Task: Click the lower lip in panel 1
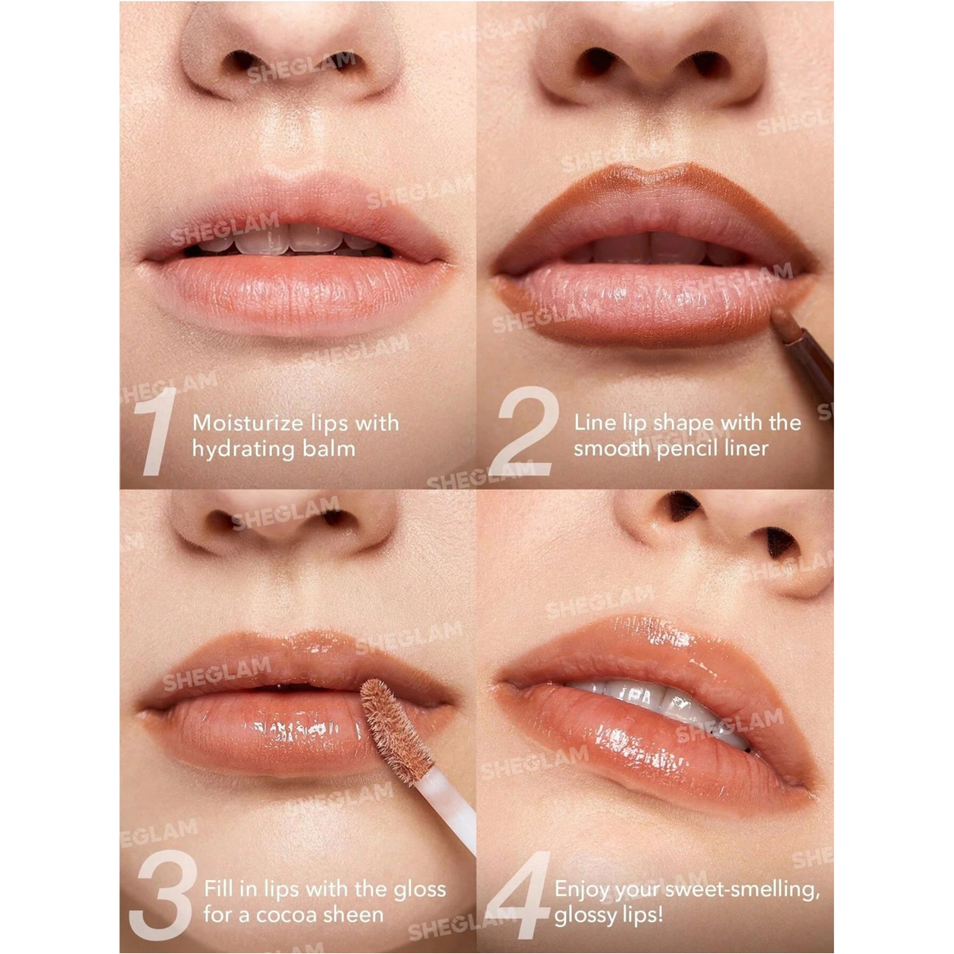pos(296,291)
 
